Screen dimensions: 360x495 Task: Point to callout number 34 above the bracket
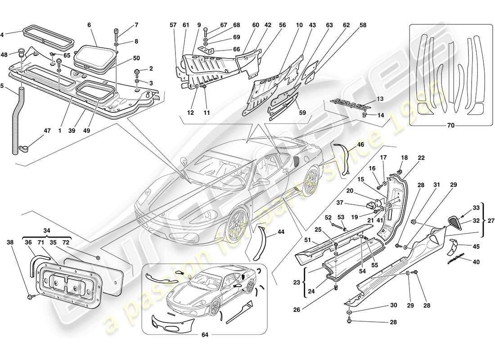pyautogui.click(x=46, y=231)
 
